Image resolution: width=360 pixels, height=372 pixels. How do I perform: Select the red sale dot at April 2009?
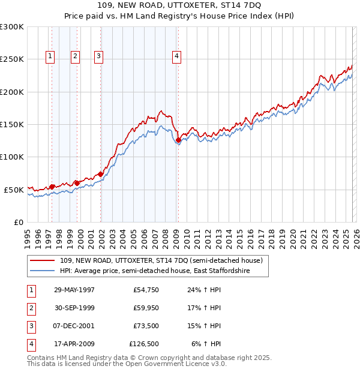coord(178,140)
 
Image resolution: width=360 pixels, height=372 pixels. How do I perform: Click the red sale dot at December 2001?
coord(100,175)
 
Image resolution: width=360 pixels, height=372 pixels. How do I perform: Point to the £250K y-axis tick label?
coord(12,59)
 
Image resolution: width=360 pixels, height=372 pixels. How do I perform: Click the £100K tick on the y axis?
coord(12,157)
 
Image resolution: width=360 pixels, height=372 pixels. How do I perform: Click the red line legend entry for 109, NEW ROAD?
coord(161,261)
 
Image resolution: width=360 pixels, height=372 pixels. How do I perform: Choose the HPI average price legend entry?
coord(154,271)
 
